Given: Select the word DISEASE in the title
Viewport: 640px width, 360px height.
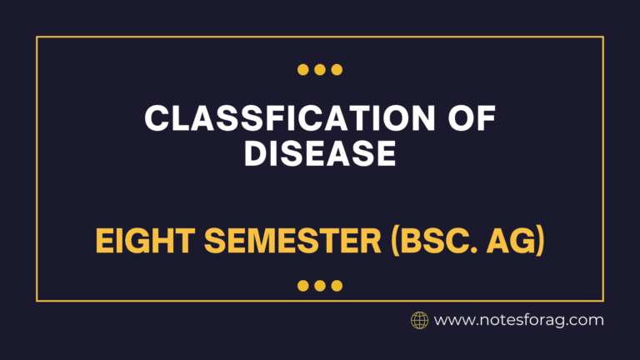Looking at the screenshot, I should click(319, 154).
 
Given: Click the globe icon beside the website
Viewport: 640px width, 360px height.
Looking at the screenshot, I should click(420, 320).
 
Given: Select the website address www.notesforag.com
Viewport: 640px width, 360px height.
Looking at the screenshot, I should click(519, 320).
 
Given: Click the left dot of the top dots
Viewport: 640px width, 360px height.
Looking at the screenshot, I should click(303, 70).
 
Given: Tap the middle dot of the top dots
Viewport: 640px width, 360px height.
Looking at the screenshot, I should click(320, 70).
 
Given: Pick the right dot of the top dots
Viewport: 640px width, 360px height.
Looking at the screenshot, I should click(337, 70).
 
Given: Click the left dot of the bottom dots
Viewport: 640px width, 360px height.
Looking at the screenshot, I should click(303, 286).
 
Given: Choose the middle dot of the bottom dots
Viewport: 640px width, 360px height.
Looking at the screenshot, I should click(320, 286).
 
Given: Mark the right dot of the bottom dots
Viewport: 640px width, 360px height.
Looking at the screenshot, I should click(337, 286).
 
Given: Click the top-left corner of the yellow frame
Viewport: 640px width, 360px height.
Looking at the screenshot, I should click(37, 37).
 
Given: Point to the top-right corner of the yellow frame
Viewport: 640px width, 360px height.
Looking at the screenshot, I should click(603, 37).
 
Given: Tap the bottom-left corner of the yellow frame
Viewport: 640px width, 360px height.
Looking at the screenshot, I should click(37, 300).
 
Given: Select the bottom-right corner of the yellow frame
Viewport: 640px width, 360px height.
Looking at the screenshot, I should click(603, 300).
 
